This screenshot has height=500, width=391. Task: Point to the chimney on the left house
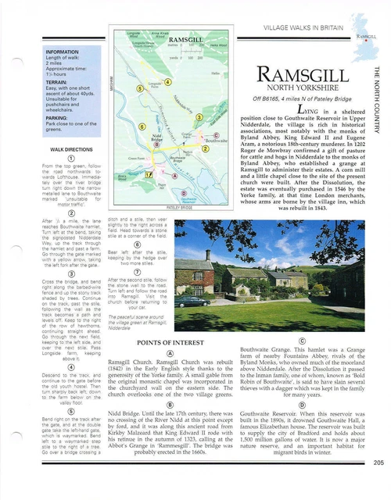(208, 254)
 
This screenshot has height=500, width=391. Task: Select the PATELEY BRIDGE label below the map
(180, 209)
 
